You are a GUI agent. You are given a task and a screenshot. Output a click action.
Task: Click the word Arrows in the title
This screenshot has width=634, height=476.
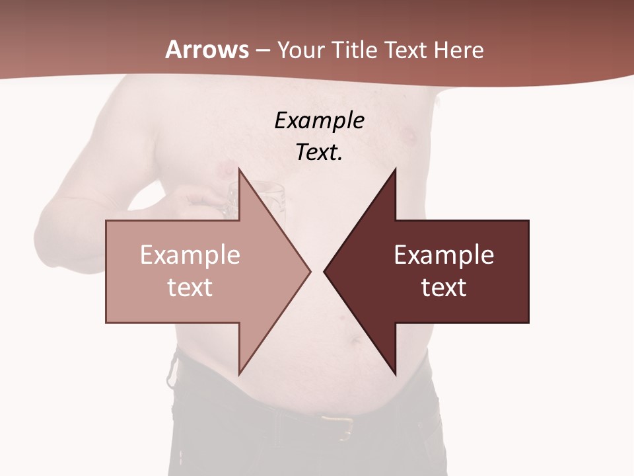pyautogui.click(x=207, y=50)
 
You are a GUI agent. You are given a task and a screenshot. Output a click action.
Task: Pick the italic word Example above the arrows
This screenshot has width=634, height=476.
pyautogui.click(x=320, y=120)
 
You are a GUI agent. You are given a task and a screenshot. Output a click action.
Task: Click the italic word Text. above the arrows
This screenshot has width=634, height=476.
pyautogui.click(x=320, y=153)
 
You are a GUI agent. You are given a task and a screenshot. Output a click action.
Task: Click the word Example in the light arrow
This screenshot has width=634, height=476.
pyautogui.click(x=190, y=255)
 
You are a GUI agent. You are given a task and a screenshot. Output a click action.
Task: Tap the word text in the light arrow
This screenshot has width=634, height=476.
pyautogui.click(x=190, y=288)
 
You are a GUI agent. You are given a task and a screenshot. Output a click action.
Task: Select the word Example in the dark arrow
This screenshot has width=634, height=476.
pyautogui.click(x=444, y=255)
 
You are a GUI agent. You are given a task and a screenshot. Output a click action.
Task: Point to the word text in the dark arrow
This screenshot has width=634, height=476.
pyautogui.click(x=444, y=288)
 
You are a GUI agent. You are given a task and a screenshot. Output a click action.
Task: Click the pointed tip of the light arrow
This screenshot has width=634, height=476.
pyautogui.click(x=310, y=271)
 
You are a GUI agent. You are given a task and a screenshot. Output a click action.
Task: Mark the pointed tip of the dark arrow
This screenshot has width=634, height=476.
pyautogui.click(x=324, y=271)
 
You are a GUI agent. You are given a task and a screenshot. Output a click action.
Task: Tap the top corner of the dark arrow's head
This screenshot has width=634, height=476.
pyautogui.click(x=395, y=169)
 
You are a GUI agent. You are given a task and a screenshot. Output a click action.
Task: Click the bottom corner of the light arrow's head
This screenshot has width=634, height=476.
pyautogui.click(x=239, y=374)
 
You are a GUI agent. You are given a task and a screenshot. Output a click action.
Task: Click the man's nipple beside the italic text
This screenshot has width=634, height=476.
pyautogui.click(x=409, y=137)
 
